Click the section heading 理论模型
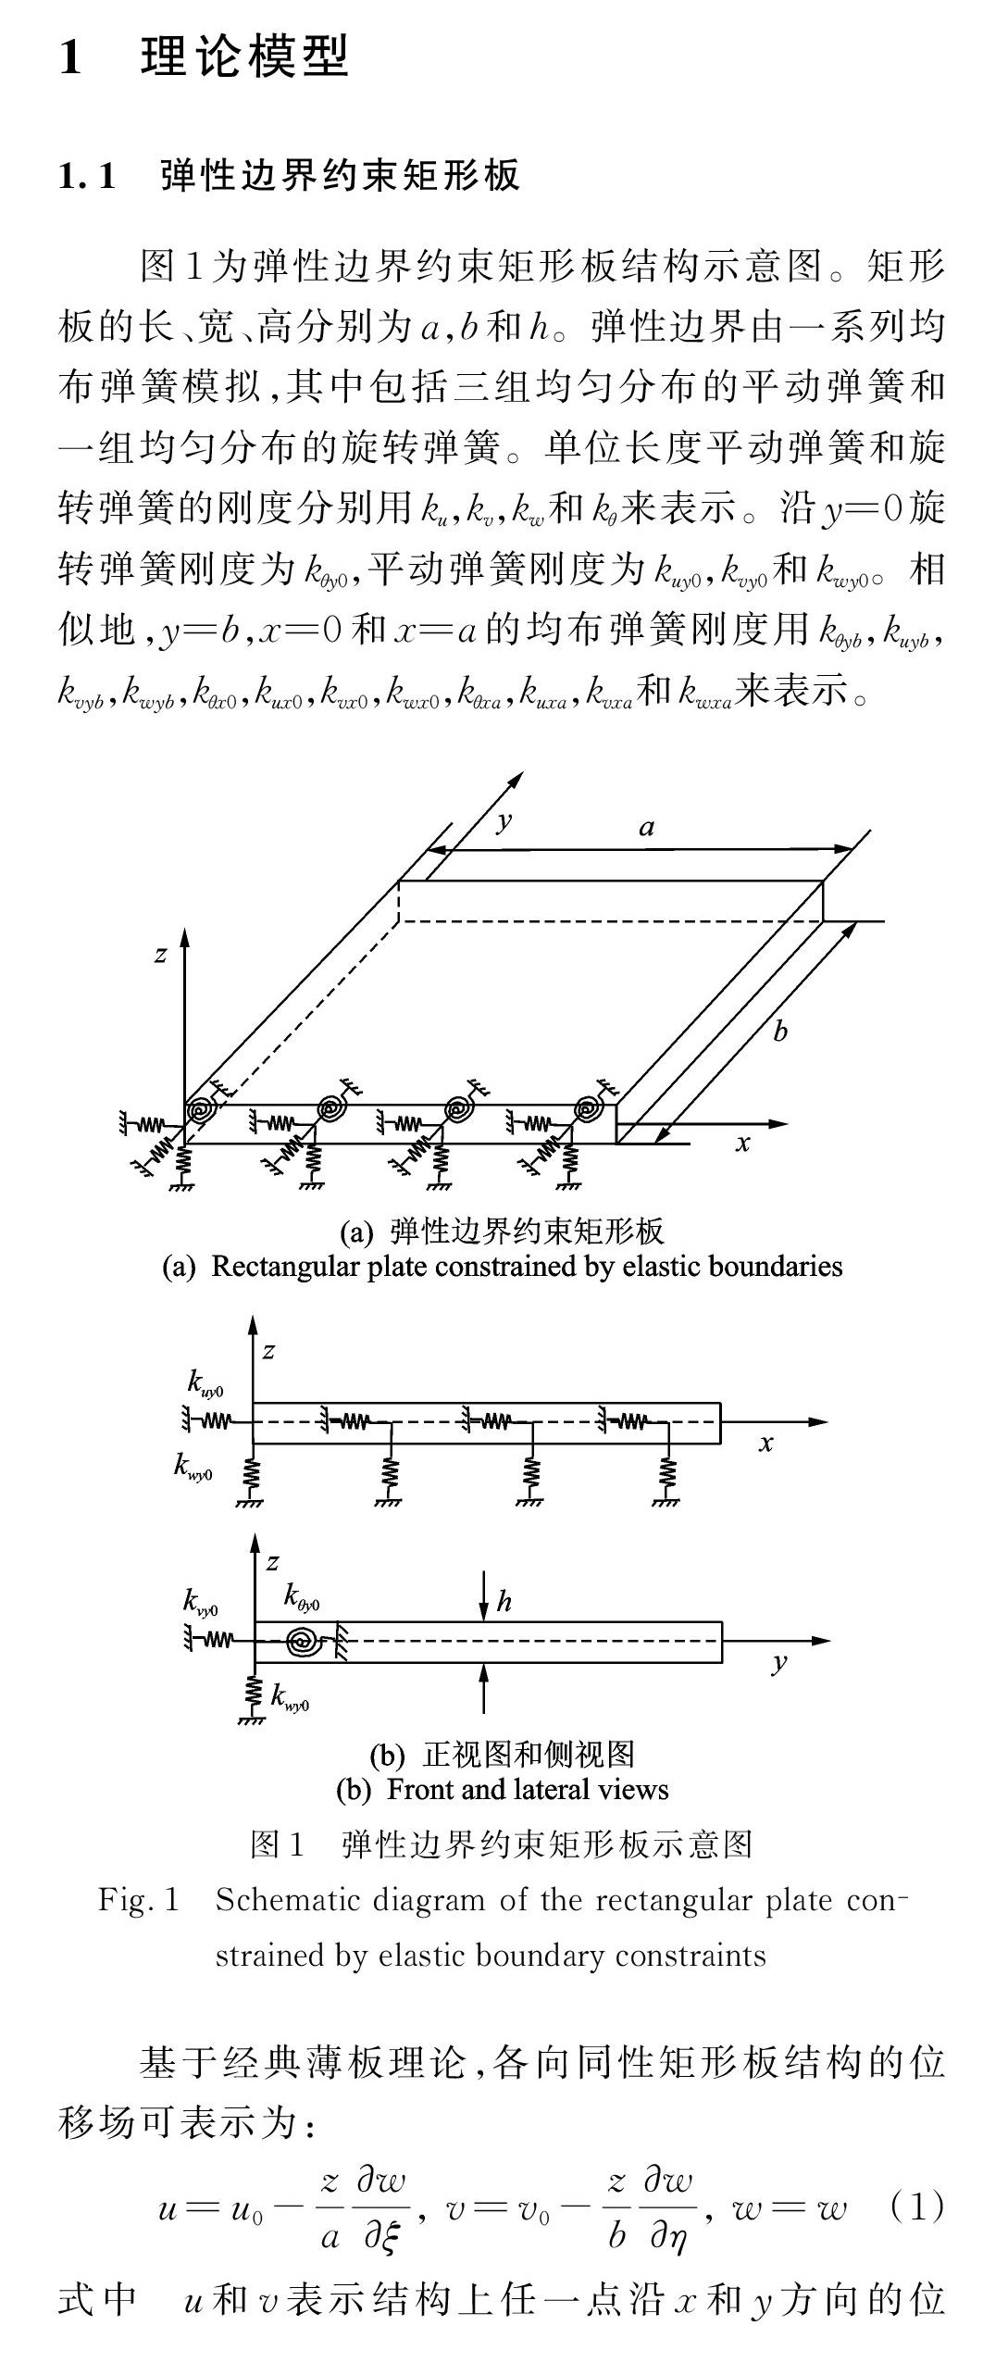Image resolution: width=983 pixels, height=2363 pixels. click(x=244, y=56)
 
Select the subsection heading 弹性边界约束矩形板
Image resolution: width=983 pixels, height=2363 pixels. click(x=340, y=175)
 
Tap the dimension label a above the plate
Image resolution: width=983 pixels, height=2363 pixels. click(x=647, y=827)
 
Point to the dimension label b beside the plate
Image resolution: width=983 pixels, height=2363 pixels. click(x=780, y=1031)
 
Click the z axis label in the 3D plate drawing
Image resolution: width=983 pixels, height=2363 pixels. click(x=160, y=954)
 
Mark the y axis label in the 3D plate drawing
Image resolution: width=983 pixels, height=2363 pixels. click(x=504, y=820)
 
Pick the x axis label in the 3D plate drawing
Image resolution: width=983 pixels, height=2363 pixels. click(x=742, y=1144)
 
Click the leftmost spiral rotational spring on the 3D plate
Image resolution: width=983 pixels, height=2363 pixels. click(x=200, y=1108)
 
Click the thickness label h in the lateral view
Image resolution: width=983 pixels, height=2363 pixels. click(x=504, y=1601)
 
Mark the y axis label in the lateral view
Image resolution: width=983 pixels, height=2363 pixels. click(x=779, y=1663)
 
